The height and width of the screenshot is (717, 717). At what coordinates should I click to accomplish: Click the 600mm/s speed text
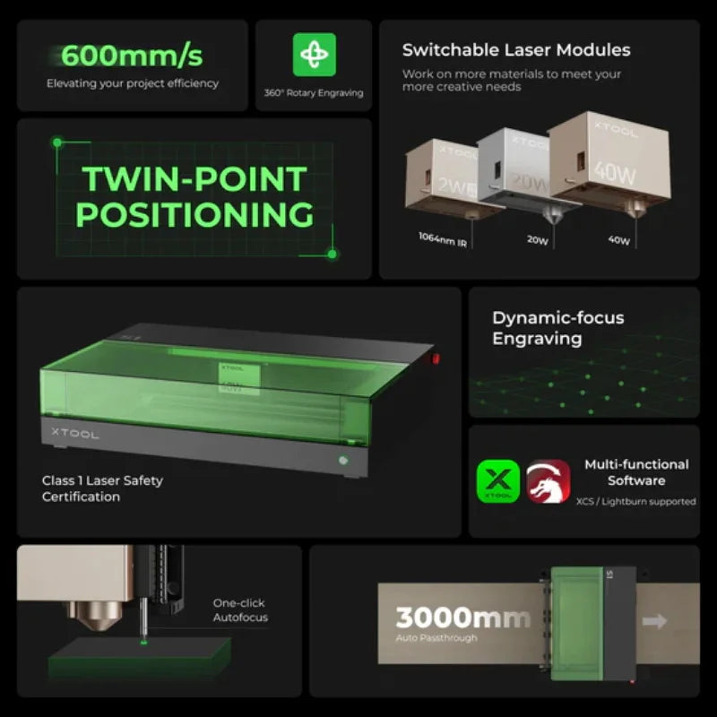pyautogui.click(x=132, y=56)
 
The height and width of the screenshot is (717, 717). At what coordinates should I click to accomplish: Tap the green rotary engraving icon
pyautogui.click(x=314, y=55)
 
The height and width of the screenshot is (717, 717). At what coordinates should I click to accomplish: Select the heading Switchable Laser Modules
pyautogui.click(x=516, y=50)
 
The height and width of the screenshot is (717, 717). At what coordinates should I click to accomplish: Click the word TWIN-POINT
pyautogui.click(x=194, y=179)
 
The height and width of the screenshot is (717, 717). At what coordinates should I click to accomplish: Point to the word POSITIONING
pyautogui.click(x=194, y=215)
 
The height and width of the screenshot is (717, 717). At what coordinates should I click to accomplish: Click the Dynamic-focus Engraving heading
pyautogui.click(x=557, y=328)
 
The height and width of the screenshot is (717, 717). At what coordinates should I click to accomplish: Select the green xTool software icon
pyautogui.click(x=497, y=481)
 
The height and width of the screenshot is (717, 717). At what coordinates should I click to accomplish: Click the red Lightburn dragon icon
pyautogui.click(x=548, y=481)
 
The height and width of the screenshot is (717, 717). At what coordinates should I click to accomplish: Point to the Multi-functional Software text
pyautogui.click(x=636, y=472)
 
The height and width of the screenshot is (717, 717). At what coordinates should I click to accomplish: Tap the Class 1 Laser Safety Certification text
pyautogui.click(x=102, y=488)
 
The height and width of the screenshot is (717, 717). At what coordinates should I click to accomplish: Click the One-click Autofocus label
pyautogui.click(x=239, y=610)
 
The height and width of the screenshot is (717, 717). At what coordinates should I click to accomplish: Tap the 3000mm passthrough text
pyautogui.click(x=462, y=618)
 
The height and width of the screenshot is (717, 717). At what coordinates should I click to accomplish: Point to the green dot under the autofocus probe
pyautogui.click(x=143, y=639)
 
